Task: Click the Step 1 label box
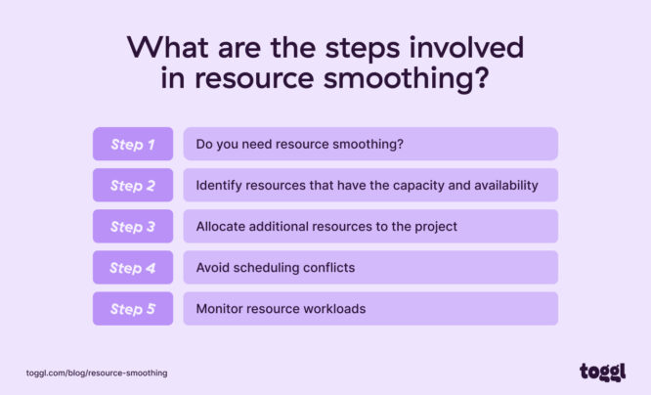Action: [x=133, y=144]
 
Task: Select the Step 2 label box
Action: [x=133, y=185]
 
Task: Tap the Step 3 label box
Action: [x=133, y=226]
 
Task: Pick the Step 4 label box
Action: [x=133, y=267]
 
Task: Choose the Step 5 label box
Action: [x=133, y=308]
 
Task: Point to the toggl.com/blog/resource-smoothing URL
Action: [x=97, y=373]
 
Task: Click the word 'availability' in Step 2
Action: [x=503, y=185]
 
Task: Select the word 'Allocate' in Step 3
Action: [x=221, y=226]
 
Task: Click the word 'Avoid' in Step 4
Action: [x=213, y=267]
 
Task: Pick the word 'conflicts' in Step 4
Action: [x=327, y=267]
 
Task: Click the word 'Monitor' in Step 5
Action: [x=221, y=308]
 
